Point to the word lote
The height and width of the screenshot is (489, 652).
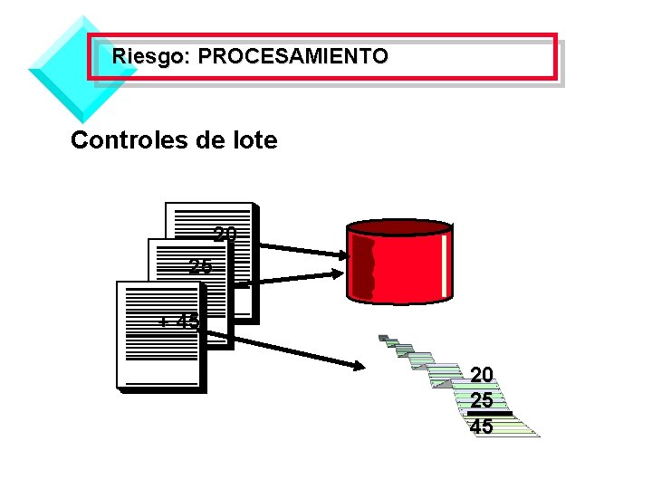[x=254, y=140]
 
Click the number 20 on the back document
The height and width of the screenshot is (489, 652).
[x=225, y=235]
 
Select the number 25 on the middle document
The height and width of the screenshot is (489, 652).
[x=200, y=266]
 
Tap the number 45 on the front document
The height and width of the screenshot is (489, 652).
[x=188, y=321]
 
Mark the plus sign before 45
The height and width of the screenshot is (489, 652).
[x=163, y=322]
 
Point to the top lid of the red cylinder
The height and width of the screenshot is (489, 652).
[x=399, y=226]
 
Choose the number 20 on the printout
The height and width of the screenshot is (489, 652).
[x=482, y=374]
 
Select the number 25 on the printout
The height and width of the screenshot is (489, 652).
[x=482, y=399]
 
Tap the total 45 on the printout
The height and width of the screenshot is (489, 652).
[x=482, y=426]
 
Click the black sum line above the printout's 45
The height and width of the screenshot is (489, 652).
[x=489, y=414]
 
